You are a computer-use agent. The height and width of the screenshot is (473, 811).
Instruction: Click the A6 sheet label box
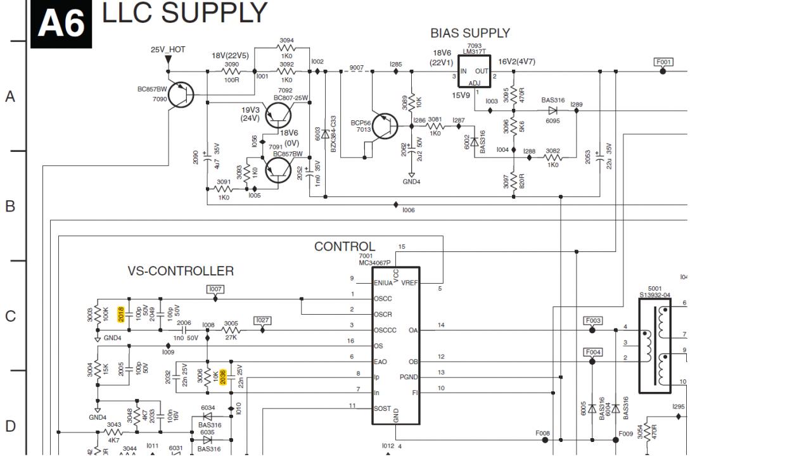click(x=61, y=25)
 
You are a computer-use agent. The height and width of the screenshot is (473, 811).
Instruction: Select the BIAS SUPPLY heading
click(x=469, y=33)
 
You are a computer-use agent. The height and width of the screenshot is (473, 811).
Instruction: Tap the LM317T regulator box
click(x=474, y=71)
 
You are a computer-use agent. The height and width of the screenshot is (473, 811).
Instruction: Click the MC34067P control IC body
click(x=395, y=346)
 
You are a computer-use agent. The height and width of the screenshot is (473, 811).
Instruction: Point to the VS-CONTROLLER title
click(x=181, y=271)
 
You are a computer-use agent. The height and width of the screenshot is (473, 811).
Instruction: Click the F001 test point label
click(x=663, y=62)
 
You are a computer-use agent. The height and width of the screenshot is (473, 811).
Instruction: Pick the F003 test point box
click(x=593, y=321)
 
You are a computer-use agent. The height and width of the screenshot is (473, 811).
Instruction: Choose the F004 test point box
click(x=593, y=352)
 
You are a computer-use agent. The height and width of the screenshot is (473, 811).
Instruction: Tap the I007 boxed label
click(x=215, y=289)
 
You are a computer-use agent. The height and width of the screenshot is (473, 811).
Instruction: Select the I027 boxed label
click(x=262, y=320)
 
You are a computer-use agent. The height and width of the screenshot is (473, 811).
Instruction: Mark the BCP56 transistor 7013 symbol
click(x=385, y=126)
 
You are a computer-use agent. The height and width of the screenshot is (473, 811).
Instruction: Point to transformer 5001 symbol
click(x=655, y=346)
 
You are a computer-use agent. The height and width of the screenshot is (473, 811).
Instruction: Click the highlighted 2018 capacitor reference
click(x=120, y=314)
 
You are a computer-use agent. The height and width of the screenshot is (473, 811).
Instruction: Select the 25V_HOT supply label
click(x=167, y=49)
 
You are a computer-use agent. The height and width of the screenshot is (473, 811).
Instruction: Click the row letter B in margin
click(x=10, y=206)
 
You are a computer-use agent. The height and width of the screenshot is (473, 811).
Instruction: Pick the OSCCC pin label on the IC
click(x=385, y=330)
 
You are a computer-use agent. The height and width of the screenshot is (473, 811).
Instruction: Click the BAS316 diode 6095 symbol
click(x=552, y=110)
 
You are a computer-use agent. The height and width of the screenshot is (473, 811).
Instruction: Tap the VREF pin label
click(x=410, y=282)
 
